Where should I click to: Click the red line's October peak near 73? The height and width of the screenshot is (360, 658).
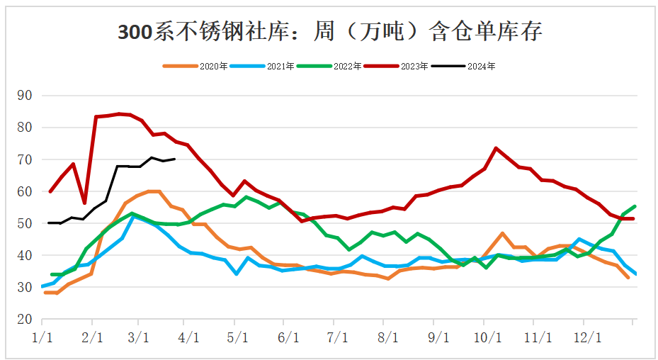pyautogui.click(x=496, y=148)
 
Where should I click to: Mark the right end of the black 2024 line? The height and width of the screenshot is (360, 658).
pyautogui.click(x=174, y=159)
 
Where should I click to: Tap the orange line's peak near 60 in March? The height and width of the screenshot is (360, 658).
pyautogui.click(x=150, y=191)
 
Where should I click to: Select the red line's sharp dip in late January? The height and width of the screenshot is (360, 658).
pyautogui.click(x=84, y=203)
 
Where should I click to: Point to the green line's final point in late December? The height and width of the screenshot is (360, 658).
pyautogui.click(x=635, y=206)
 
